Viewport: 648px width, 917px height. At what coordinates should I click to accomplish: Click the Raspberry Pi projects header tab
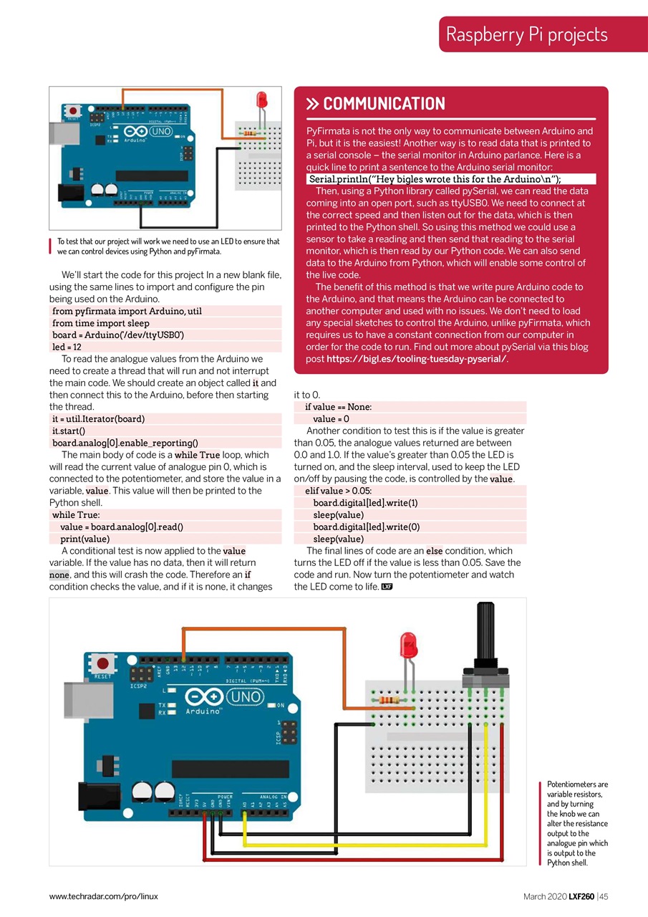pos(526,34)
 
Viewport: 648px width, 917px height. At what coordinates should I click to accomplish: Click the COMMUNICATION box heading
pos(384,104)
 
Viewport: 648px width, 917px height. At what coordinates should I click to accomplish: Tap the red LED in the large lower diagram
pos(409,645)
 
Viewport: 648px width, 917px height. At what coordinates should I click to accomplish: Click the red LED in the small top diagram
pos(262,98)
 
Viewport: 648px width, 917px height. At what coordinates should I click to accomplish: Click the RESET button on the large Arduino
pos(104,663)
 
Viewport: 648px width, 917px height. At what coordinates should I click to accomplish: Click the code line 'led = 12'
pos(68,347)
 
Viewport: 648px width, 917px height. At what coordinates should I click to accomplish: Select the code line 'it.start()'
pos(69,431)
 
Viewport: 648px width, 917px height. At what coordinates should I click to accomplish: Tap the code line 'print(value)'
pos(84,539)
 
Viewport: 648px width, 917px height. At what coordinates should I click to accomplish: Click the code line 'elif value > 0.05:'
pos(338,491)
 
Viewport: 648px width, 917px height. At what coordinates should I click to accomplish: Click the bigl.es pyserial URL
pos(417,359)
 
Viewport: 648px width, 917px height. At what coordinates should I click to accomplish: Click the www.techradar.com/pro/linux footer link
pos(103,896)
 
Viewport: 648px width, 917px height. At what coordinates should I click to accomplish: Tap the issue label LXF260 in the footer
pos(581,896)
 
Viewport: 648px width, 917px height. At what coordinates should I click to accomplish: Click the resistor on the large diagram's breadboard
pos(387,698)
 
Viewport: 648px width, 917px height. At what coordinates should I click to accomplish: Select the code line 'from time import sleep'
pos(101,323)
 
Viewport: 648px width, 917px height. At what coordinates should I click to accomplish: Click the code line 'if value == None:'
pos(338,407)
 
